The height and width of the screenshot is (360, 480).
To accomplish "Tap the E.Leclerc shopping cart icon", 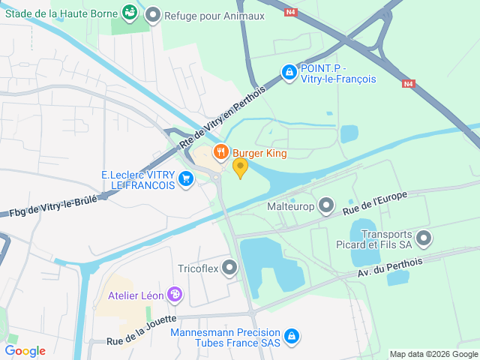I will click(186, 179).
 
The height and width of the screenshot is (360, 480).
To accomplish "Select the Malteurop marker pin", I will click(326, 205).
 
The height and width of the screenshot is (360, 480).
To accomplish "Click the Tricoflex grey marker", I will click(229, 268).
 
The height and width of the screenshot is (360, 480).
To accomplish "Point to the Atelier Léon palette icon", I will click(175, 295).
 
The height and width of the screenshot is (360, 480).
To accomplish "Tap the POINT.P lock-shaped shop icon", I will click(288, 72).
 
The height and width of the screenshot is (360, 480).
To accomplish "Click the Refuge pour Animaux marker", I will click(153, 15).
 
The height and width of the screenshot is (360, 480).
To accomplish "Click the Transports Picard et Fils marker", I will click(424, 239).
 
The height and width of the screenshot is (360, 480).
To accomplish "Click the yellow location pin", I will click(240, 167).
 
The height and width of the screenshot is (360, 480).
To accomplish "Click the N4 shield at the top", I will click(290, 11).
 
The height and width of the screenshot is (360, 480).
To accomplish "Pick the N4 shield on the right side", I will click(408, 84).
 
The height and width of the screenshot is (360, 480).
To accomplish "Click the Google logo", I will click(25, 350).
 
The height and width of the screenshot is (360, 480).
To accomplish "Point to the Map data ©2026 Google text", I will click(433, 354).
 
